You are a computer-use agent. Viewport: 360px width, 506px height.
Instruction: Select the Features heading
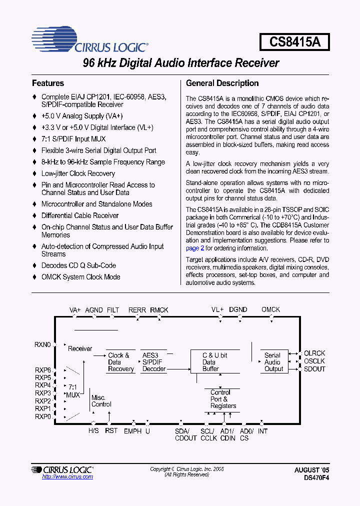(48, 83)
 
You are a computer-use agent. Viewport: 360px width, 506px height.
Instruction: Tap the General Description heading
(222, 83)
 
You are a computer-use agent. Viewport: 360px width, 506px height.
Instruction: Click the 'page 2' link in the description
(195, 248)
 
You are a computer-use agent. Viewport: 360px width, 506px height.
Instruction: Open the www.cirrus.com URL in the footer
(67, 477)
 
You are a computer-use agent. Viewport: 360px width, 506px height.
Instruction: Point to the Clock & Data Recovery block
(121, 362)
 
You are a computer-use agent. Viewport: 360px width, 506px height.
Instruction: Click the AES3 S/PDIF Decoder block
(154, 362)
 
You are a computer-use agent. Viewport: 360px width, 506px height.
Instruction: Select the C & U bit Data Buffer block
(214, 362)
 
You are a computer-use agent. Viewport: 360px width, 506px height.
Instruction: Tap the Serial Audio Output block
(273, 362)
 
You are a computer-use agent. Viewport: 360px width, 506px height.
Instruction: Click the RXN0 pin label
(43, 344)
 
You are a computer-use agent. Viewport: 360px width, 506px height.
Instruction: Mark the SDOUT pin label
(314, 369)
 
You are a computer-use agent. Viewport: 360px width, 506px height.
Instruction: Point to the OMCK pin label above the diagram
(271, 310)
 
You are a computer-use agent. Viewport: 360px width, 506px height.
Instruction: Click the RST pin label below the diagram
(111, 431)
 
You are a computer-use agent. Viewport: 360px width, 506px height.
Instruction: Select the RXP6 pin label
(43, 370)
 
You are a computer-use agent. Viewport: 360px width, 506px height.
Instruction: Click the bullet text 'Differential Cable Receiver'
(80, 215)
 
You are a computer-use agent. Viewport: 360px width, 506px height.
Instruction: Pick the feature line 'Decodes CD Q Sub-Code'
(78, 265)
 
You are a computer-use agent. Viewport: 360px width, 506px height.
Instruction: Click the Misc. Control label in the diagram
(101, 400)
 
